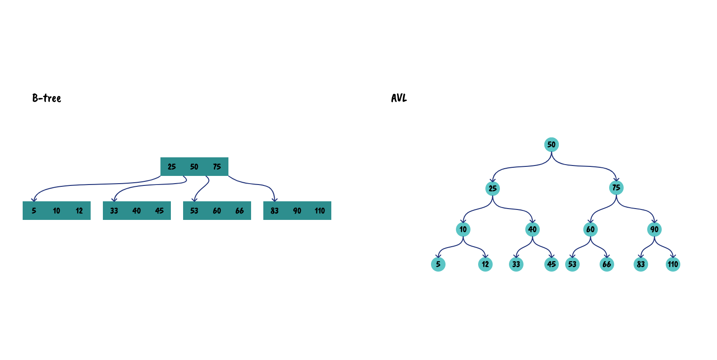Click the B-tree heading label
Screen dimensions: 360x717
tap(47, 98)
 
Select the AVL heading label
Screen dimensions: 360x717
tap(399, 98)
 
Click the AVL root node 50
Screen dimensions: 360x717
tap(552, 145)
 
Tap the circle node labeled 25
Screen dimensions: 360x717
tap(493, 188)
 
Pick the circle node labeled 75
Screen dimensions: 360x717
tap(616, 187)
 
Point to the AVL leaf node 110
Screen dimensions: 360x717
tap(673, 264)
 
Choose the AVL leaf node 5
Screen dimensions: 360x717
tap(438, 264)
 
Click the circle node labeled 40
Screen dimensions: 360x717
tap(533, 229)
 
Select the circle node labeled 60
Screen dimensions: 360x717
tap(591, 229)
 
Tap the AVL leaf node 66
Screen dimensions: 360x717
tap(607, 264)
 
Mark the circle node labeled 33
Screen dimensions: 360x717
tap(516, 264)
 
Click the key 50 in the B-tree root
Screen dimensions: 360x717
tap(194, 167)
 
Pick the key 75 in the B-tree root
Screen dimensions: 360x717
tap(217, 167)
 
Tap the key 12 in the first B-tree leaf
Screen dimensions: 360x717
tap(79, 211)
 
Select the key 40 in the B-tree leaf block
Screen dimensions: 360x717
tap(137, 211)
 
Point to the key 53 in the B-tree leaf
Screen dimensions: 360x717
tap(194, 211)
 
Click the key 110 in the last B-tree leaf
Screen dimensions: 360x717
tap(320, 211)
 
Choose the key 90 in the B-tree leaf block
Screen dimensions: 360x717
tap(297, 211)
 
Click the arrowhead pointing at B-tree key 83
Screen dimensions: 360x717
tap(274, 199)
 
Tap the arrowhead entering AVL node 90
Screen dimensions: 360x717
tap(654, 221)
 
